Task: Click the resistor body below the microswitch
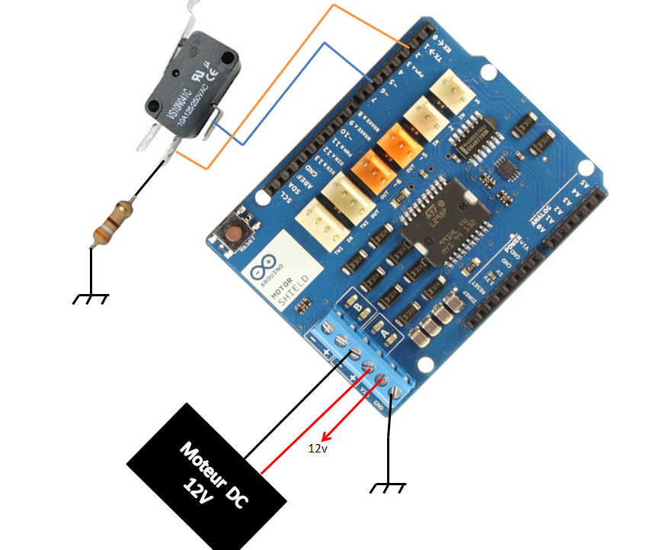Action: click(111, 222)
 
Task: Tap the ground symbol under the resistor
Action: click(91, 298)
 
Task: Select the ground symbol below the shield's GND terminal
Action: click(389, 485)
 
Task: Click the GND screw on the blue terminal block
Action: click(395, 394)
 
